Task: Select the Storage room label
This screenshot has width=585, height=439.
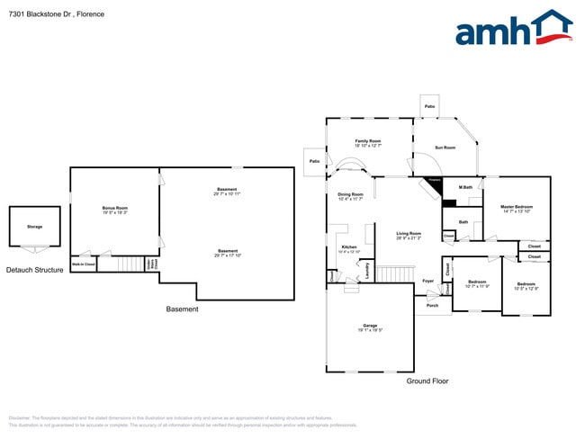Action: tap(34, 227)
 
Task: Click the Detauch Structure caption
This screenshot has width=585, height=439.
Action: tap(35, 270)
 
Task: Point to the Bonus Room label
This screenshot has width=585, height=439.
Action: tap(115, 209)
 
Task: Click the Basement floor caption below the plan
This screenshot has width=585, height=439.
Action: tap(182, 309)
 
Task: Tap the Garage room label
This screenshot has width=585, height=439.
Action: tap(370, 327)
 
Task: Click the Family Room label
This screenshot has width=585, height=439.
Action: tap(368, 142)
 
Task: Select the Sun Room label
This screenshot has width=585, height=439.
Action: tap(445, 148)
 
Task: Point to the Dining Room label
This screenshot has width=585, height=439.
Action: tap(350, 195)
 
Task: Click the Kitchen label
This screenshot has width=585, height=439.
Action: tap(349, 248)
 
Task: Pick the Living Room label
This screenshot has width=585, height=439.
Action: tap(409, 236)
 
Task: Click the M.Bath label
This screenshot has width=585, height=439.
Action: tap(466, 188)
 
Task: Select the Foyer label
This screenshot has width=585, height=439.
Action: tap(428, 282)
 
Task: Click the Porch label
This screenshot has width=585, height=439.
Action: tap(433, 306)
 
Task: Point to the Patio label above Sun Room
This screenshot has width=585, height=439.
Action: tap(430, 107)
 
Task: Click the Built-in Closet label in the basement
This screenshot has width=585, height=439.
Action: tap(84, 264)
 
